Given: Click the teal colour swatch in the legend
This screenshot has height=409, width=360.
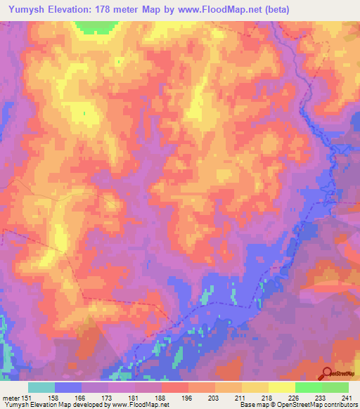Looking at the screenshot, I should coord(42,387).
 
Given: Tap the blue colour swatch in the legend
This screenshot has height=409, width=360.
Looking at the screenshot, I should coord(69,387).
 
